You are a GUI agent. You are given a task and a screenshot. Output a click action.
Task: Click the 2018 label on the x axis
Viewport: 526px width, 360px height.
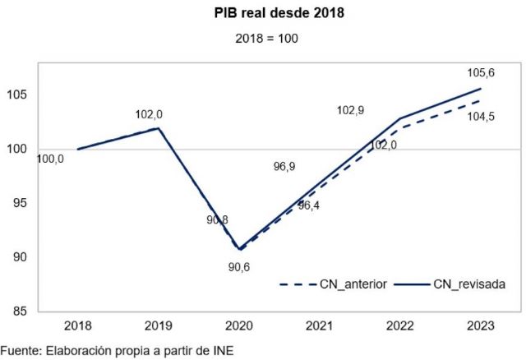(x=78, y=326)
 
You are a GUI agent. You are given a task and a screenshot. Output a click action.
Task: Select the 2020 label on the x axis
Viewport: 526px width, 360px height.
(x=239, y=326)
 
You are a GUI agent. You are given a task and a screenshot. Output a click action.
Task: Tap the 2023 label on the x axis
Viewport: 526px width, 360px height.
(x=481, y=326)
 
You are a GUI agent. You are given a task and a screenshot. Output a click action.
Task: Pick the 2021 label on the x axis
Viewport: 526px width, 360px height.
(x=320, y=326)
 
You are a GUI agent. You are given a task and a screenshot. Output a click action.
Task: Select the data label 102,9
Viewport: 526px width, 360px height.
(x=352, y=109)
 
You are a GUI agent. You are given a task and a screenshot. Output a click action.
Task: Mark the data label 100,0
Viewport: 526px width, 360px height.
(x=50, y=159)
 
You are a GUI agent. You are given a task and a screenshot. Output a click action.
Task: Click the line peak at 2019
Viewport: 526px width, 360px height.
(x=158, y=128)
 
